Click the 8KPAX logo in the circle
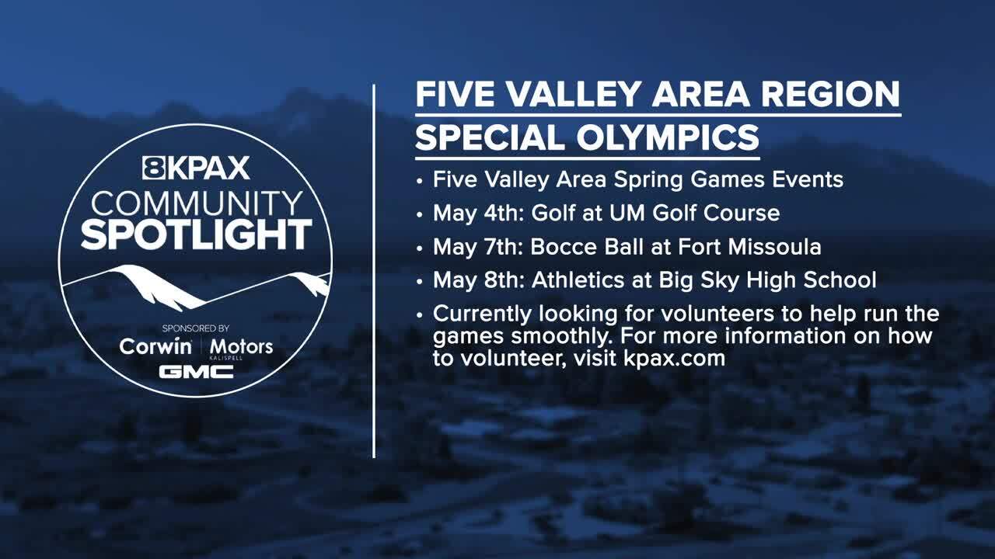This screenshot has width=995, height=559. pyautogui.click(x=196, y=168)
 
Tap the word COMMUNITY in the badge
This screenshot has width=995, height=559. pyautogui.click(x=196, y=203)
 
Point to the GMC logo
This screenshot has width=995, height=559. pyautogui.click(x=196, y=371)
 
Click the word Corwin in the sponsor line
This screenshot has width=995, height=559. pyautogui.click(x=155, y=346)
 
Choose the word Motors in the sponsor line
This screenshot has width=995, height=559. pyautogui.click(x=243, y=346)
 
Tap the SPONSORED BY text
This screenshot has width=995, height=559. pyautogui.click(x=196, y=328)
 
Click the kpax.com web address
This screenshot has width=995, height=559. pyautogui.click(x=674, y=359)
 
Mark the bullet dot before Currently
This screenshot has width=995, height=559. pyautogui.click(x=421, y=315)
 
